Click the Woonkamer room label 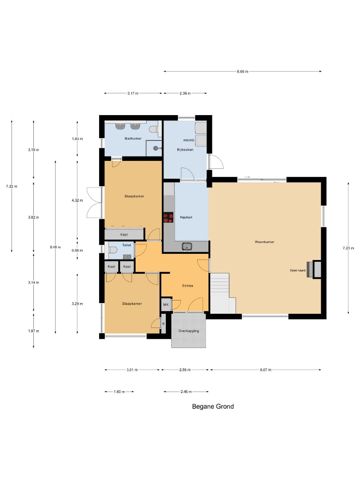tap(264, 242)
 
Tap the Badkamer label tap(133, 138)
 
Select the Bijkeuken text tap(185, 150)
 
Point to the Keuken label tap(186, 217)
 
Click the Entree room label tap(188, 286)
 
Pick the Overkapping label tap(188, 331)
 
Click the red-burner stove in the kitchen tap(168, 217)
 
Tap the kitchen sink tap(186, 246)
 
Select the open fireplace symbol tap(314, 269)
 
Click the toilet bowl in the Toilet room tap(112, 250)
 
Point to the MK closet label tap(166, 304)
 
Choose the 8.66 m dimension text tap(243, 72)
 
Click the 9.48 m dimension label tap(56, 247)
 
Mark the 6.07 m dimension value tap(265, 370)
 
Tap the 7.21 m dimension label tap(348, 248)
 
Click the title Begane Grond tap(213, 407)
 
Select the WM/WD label tap(189, 140)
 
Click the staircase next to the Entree tap(223, 293)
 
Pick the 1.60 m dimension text tap(119, 392)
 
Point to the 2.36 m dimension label tap(185, 93)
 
